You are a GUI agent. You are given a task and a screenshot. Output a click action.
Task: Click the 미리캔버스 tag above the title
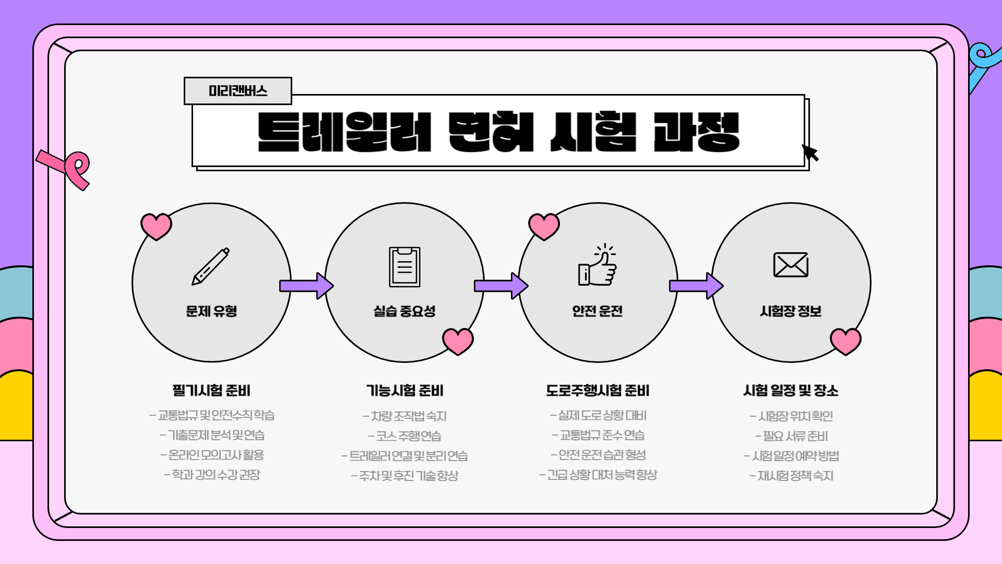point(237,91)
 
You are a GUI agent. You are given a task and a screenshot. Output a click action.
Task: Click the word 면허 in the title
point(491,132)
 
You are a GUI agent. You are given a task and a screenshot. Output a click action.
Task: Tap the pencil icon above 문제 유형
point(211,266)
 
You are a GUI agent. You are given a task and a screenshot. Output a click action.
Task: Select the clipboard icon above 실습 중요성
point(404,266)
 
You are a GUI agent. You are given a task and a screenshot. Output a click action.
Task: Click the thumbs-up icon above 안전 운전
point(598,266)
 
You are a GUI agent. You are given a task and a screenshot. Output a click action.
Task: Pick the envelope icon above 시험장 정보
point(791,265)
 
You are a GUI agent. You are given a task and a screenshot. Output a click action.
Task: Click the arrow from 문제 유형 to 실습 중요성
point(307,286)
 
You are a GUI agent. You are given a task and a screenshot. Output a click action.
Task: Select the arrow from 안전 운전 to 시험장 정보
point(696,286)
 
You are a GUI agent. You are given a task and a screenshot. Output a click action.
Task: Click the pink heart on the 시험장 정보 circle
point(845,341)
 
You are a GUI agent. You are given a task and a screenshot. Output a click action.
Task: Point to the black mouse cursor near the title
point(810,153)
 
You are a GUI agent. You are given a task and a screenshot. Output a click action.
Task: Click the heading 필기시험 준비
point(211,391)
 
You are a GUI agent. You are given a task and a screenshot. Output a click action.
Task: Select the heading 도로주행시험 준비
point(598,391)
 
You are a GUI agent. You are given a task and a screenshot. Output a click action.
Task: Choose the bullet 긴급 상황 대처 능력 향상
point(598,475)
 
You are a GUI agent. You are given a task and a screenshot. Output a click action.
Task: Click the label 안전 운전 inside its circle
point(598,311)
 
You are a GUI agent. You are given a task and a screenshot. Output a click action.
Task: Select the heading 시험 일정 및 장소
point(791,391)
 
